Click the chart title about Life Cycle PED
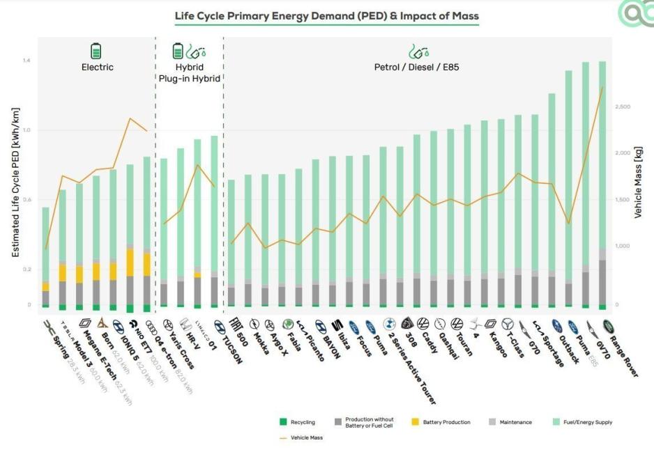coord(326,15)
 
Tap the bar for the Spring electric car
coord(45,258)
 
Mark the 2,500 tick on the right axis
coord(623,107)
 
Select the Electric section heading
coord(97,68)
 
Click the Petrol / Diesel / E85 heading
coord(417,68)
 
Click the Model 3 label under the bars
coord(77,355)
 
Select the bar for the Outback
coord(568,188)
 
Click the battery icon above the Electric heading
coord(96,50)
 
